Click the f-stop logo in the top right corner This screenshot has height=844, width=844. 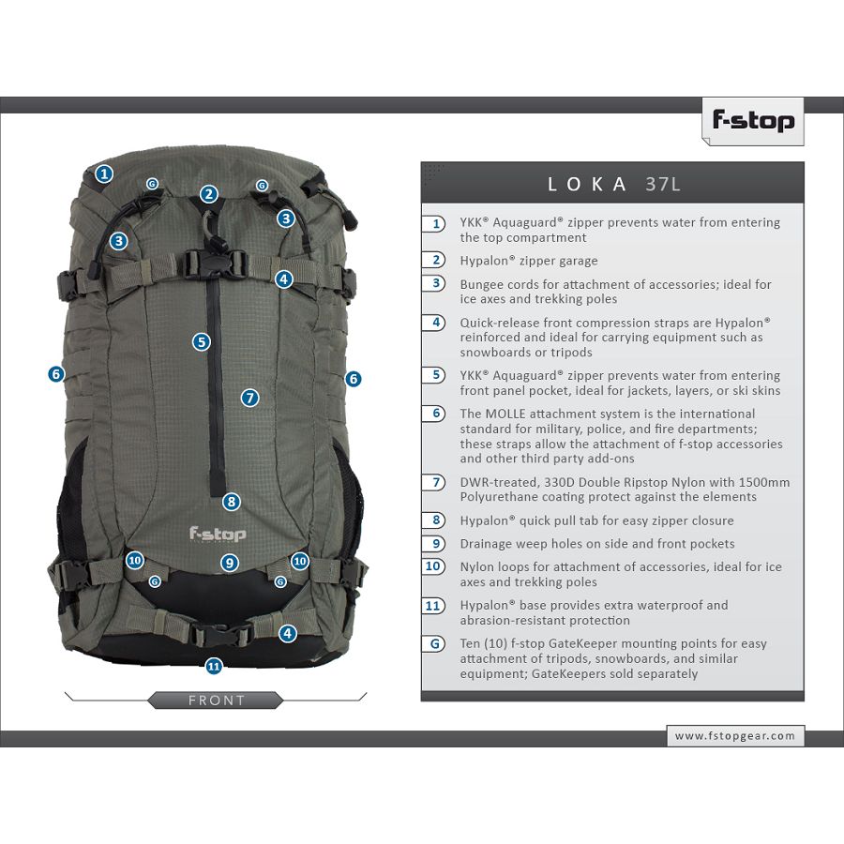(753, 121)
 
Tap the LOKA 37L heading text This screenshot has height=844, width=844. (613, 185)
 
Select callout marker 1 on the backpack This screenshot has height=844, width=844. (104, 173)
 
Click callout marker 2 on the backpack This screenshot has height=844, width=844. (209, 194)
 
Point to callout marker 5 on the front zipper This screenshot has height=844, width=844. (202, 341)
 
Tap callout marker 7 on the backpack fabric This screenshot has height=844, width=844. (249, 399)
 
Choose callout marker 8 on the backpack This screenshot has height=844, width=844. (232, 503)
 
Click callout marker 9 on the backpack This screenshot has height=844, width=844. (230, 563)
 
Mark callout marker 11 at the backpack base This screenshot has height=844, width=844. (214, 667)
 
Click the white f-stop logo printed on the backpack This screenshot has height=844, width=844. (218, 534)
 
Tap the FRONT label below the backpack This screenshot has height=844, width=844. (217, 701)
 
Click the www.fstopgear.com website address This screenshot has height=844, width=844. (734, 736)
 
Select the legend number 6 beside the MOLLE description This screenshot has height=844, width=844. (436, 414)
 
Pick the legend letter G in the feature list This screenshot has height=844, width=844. (435, 643)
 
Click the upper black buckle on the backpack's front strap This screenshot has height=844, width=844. (215, 264)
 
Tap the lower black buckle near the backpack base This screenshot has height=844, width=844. (220, 635)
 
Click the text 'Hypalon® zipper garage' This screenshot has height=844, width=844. (529, 261)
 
